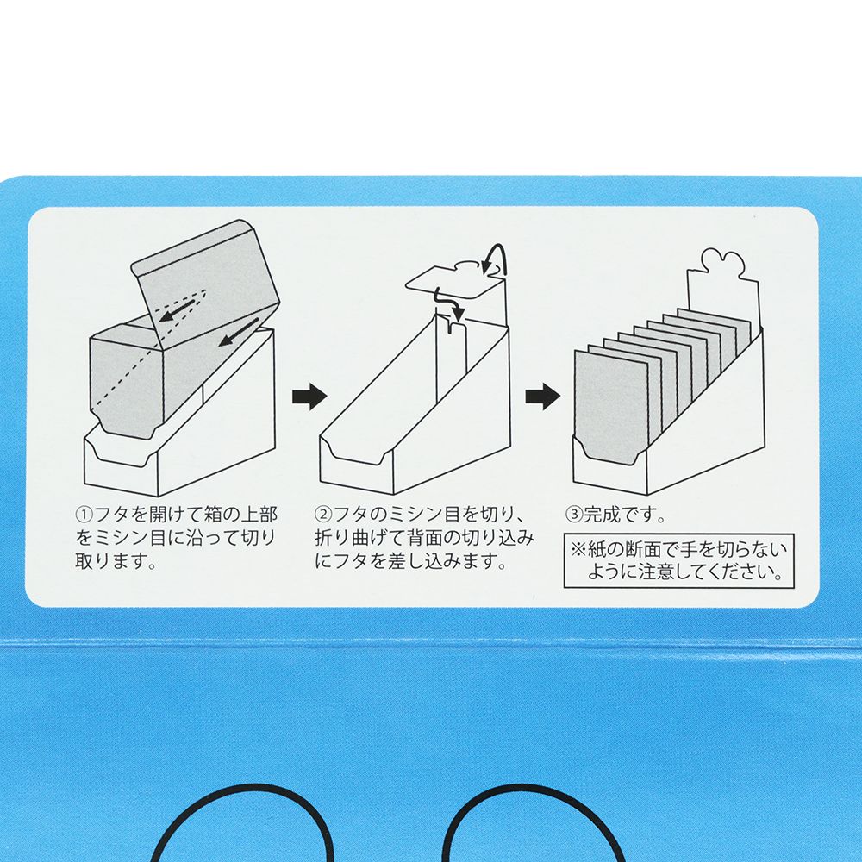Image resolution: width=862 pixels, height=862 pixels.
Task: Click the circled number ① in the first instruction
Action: pyautogui.click(x=84, y=515)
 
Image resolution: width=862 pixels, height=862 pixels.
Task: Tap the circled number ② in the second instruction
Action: pyautogui.click(x=324, y=515)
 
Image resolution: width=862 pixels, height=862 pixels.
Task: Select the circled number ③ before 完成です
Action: pyautogui.click(x=574, y=515)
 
